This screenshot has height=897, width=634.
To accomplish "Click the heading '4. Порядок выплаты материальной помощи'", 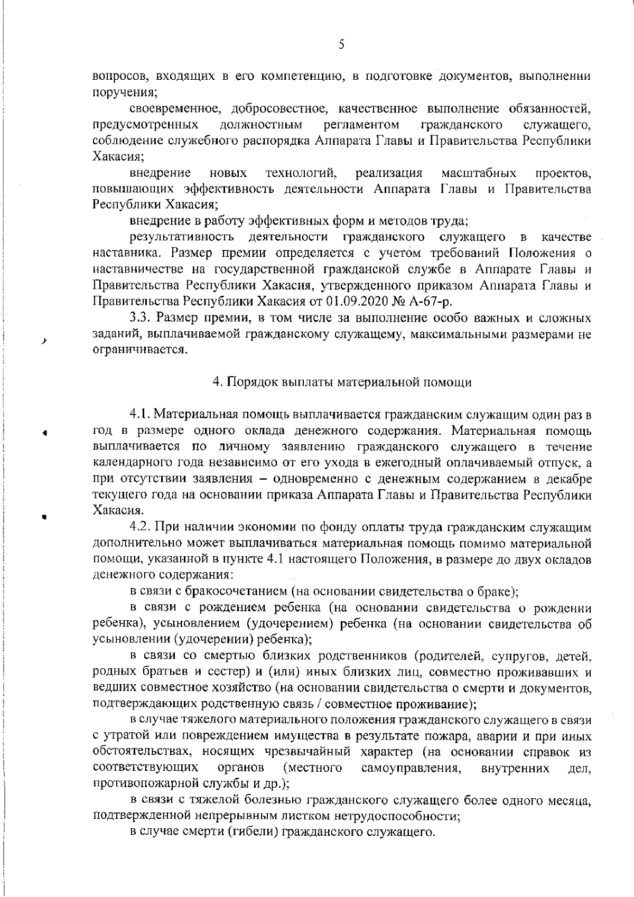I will pos(342,382).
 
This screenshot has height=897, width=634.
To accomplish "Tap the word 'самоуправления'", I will pos(409,768).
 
